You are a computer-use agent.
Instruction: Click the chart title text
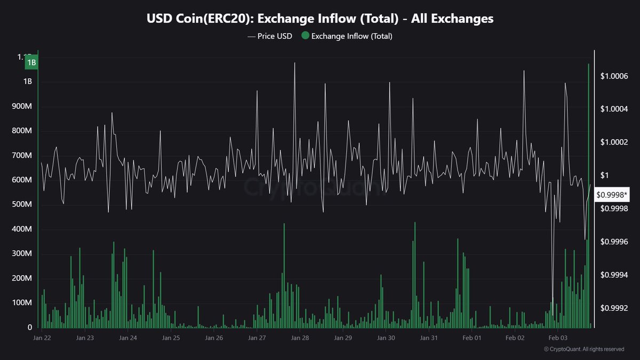[320, 19]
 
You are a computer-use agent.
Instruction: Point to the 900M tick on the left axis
[21, 107]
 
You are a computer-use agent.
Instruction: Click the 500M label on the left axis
[21, 205]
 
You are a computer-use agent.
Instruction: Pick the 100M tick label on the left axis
[21, 303]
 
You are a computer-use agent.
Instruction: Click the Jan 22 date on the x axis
[42, 338]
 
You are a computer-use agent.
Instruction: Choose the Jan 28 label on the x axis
[300, 338]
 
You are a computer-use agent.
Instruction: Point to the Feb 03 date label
[557, 338]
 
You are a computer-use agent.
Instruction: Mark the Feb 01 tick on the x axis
[471, 338]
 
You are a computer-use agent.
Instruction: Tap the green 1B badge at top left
[31, 62]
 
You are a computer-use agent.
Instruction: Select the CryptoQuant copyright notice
[584, 349]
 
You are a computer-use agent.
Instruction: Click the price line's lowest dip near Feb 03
[553, 299]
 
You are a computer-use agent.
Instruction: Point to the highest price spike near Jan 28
[294, 63]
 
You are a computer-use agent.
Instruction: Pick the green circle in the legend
[305, 36]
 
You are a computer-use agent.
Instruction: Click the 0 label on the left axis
[30, 327]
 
